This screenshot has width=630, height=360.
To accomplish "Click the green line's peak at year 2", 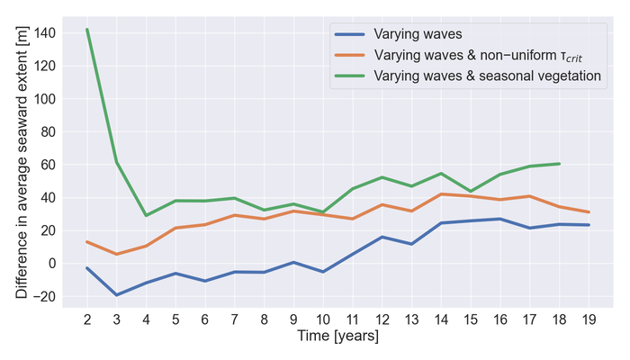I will (87, 29).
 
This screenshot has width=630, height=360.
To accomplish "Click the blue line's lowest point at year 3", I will (117, 295).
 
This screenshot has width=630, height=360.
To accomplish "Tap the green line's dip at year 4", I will (147, 216).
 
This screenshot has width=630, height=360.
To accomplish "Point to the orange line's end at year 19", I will (589, 212).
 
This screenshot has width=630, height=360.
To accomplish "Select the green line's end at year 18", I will (560, 164).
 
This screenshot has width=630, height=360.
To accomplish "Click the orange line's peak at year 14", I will (442, 193).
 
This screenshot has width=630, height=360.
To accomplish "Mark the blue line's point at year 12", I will (382, 237).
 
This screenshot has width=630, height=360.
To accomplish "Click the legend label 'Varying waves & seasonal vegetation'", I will (487, 76).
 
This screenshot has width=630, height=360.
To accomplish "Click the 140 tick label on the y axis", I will (43, 32).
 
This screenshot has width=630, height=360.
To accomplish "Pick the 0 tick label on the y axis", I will (50, 263).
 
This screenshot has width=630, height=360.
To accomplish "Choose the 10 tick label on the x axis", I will (323, 319).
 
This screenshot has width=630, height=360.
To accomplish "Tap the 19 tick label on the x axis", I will (589, 319).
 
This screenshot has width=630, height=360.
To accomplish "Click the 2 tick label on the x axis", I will (87, 319).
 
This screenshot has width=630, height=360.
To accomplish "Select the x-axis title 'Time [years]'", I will (338, 337).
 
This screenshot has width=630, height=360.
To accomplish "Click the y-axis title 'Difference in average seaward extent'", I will (21, 163).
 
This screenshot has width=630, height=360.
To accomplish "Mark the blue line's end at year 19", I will (589, 225).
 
